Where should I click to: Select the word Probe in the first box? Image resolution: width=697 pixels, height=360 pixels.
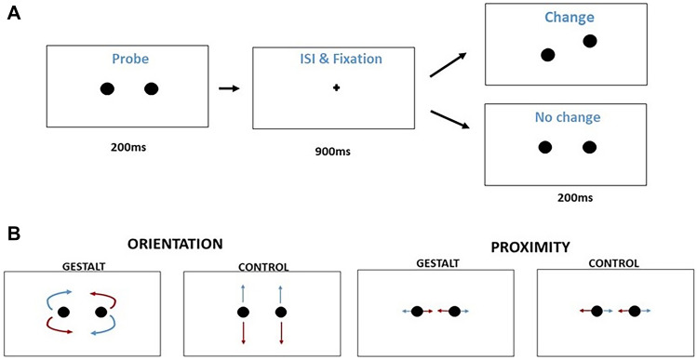coord(129,59)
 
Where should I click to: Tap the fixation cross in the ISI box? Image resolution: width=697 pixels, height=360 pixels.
coord(336,88)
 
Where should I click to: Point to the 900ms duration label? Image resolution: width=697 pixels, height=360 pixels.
coord(331,151)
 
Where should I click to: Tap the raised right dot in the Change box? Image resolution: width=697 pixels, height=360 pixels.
coord(589,41)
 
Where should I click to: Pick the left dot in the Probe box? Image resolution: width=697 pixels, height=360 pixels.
coord(107,89)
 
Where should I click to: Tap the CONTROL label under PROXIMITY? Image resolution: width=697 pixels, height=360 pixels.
coord(614,263)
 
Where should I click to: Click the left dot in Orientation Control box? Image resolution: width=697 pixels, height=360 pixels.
coord(242,311)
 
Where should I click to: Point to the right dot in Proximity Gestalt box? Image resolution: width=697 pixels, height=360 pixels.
coord(454,311)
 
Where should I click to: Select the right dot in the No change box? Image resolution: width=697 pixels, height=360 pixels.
coord(588,147)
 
